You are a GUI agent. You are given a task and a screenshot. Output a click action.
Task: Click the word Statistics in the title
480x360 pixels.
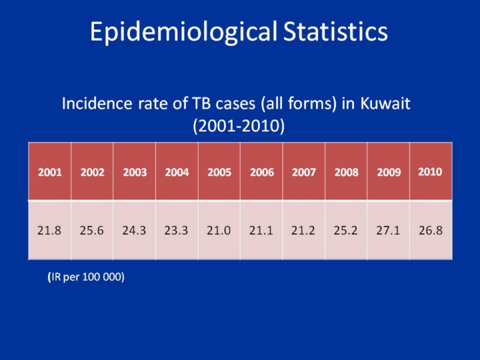pos(335,31)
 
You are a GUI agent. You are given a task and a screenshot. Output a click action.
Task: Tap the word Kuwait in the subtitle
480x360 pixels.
pos(385,104)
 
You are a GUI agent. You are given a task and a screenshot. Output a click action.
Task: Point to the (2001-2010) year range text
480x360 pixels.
pos(239,125)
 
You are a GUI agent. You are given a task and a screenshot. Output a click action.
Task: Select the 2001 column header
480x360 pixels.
pos(50,172)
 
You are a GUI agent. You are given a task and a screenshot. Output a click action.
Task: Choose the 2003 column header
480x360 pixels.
pos(135,172)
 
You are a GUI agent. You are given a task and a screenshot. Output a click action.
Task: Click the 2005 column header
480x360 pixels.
pos(219,172)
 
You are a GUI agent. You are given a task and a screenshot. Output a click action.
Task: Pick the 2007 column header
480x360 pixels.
pos(304,172)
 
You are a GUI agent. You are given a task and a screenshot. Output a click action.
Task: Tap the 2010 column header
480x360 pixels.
pos(430,171)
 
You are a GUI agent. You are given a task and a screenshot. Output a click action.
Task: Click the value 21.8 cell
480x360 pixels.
pos(50,231)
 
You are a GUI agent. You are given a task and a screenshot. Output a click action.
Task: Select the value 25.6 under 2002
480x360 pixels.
pos(92,231)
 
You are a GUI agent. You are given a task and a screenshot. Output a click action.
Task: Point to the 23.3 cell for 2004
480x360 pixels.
pos(177,231)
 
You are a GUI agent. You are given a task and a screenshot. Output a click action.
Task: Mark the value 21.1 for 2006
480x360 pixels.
pos(261,231)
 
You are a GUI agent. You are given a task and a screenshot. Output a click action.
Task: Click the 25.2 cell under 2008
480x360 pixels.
pos(346,231)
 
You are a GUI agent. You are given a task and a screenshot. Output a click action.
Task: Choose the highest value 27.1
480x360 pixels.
pos(389,231)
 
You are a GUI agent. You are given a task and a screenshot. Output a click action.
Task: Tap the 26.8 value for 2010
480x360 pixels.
pos(431,231)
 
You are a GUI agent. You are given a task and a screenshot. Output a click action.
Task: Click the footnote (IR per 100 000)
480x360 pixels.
pos(86,277)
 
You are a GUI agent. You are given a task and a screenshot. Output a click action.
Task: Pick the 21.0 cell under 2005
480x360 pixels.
pos(219,231)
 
